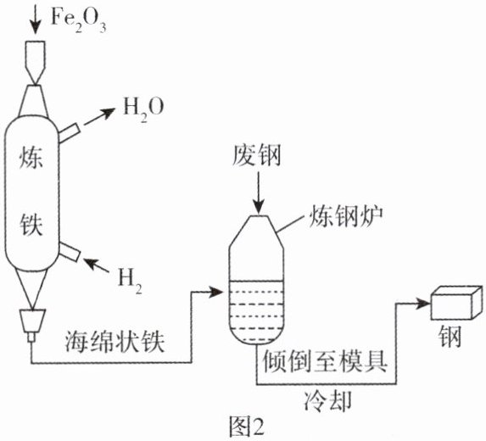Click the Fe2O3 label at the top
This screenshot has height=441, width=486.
[x=78, y=20]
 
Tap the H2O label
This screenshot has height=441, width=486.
[x=143, y=109]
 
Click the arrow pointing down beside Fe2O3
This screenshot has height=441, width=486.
[x=36, y=19]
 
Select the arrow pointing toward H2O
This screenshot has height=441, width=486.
[x=99, y=117]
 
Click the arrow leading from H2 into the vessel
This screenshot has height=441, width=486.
[x=97, y=265]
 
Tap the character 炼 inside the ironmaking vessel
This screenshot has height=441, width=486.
[x=31, y=158]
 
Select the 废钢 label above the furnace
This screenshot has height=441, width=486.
[x=257, y=156]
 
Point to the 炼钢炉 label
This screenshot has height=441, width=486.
[x=345, y=215]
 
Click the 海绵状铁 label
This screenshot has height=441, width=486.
[x=115, y=342]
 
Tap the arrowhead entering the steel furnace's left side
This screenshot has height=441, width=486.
[x=216, y=292]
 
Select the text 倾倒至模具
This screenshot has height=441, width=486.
[x=325, y=361]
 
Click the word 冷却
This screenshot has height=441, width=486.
[x=328, y=400]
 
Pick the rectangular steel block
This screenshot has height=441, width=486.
[x=457, y=303]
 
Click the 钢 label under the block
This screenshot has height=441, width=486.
[x=450, y=336]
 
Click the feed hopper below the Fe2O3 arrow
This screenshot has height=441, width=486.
[x=35, y=63]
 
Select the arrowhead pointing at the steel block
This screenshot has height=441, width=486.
[x=423, y=304]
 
